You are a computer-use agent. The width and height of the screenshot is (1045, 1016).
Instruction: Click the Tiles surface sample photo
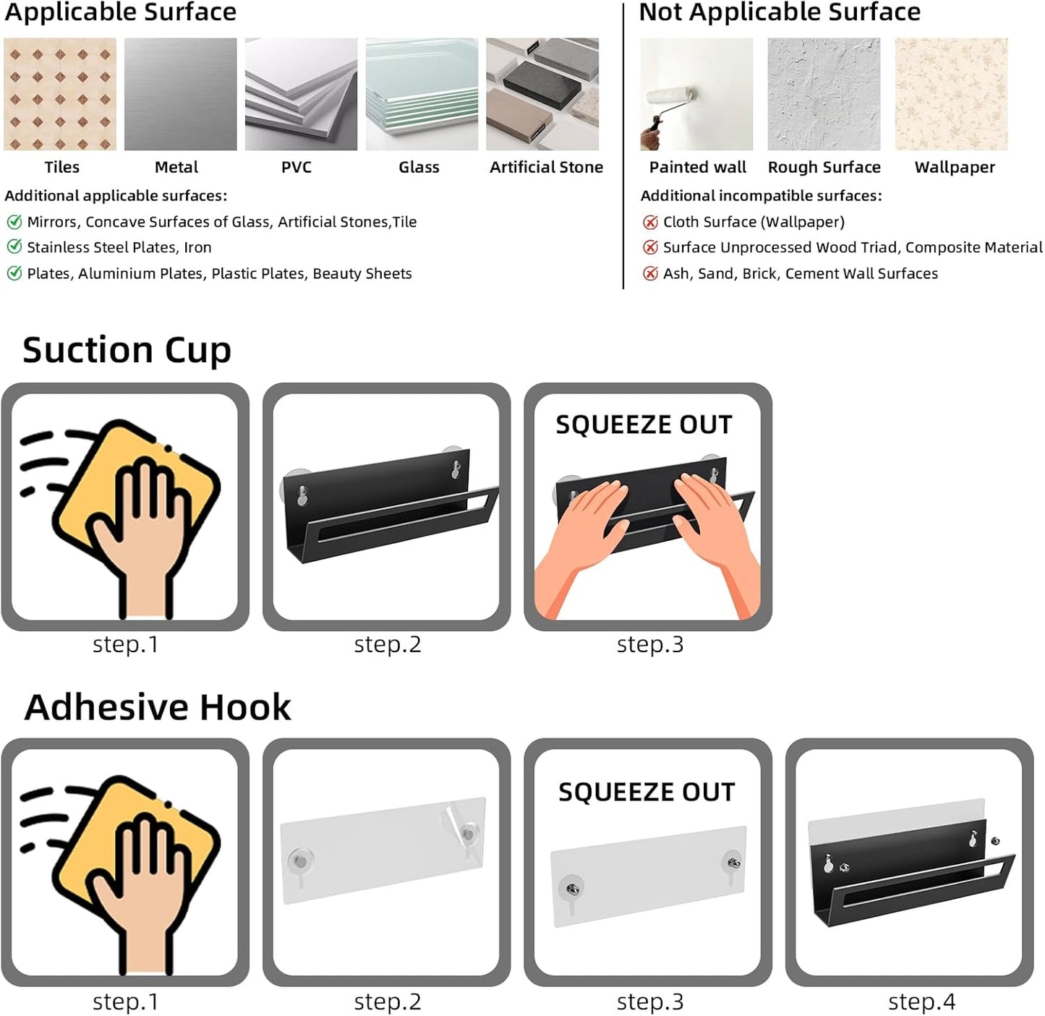59,94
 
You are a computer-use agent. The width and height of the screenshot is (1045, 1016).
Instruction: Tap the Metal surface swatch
180,94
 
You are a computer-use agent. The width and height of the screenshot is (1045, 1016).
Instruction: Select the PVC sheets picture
302,94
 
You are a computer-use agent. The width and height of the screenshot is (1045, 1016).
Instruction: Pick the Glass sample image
422,94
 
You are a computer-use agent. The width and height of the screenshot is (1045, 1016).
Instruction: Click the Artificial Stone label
546,168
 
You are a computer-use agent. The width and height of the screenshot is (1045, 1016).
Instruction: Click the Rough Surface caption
824,168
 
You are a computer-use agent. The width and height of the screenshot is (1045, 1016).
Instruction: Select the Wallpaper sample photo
951,94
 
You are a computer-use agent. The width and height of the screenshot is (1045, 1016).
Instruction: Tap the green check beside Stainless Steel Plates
14,247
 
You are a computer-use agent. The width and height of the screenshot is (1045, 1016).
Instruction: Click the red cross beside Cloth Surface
650,222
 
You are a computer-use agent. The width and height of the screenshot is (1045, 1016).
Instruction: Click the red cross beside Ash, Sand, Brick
650,273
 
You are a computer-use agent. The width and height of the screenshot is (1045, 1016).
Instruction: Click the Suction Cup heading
127,351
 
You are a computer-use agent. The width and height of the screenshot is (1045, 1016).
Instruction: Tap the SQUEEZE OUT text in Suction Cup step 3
644,424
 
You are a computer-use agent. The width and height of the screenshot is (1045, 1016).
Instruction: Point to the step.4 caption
921,1002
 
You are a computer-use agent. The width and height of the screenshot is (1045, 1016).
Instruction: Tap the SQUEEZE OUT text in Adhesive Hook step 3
647,793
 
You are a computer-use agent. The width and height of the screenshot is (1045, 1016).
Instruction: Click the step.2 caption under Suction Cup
388,644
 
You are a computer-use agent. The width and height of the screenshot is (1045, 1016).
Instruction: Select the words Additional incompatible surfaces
761,196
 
